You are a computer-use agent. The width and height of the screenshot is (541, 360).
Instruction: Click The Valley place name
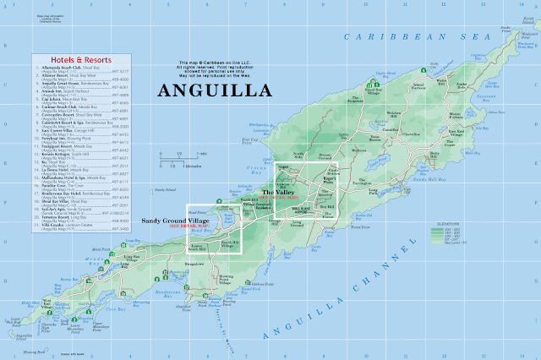tap(281, 194)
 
